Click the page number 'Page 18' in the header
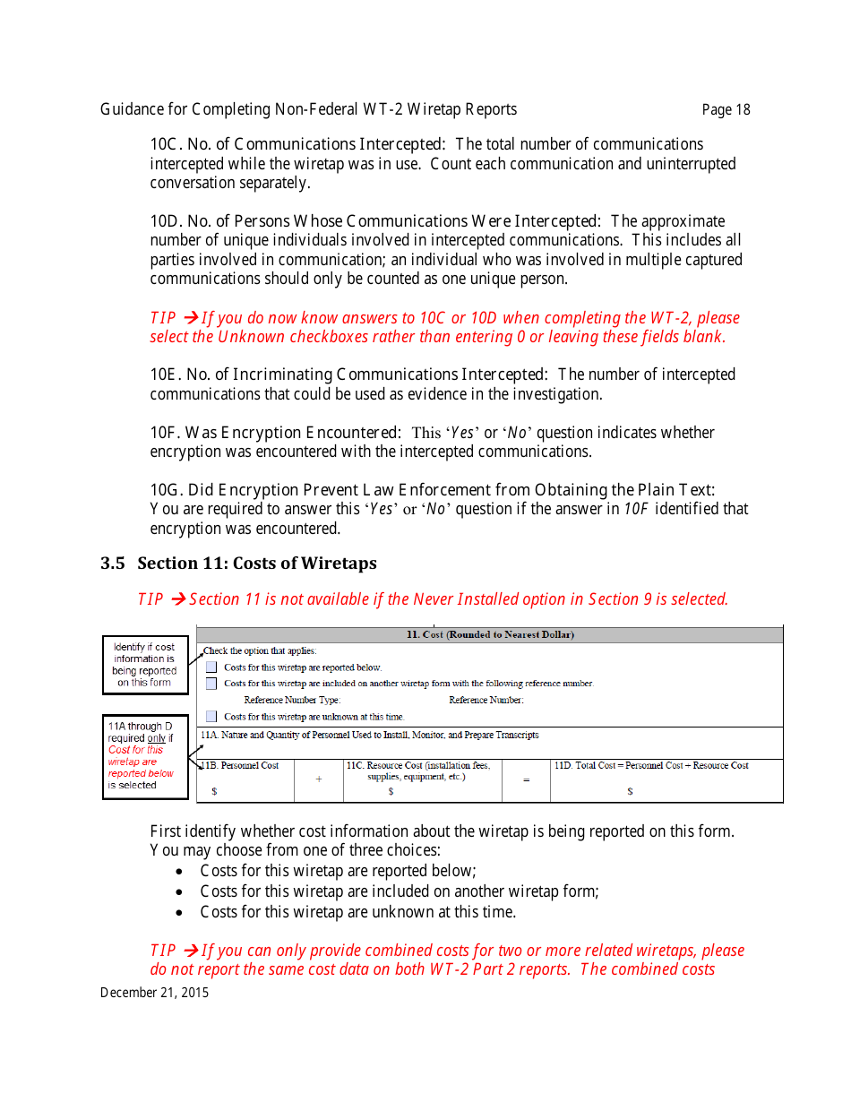726,110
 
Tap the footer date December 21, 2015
154,992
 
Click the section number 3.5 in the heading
112,564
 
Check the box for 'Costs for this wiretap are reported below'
211,667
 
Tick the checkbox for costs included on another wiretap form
211,684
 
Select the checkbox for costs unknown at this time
211,717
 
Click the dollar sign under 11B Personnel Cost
214,792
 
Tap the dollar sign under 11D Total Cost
630,792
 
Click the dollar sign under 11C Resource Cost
391,792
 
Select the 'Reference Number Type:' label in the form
292,701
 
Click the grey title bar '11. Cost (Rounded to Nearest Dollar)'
490,635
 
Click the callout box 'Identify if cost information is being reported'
145,665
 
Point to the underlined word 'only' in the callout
156,738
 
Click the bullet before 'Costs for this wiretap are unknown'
182,913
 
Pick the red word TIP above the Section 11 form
150,599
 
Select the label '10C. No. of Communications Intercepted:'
297,144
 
